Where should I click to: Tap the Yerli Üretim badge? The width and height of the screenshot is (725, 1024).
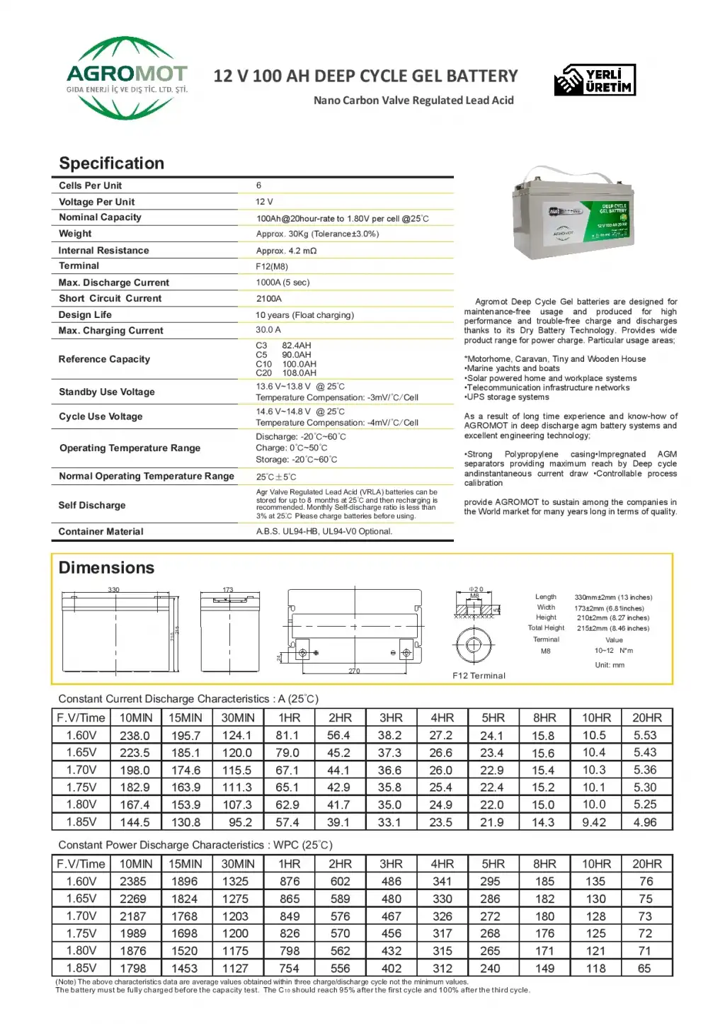click(595, 80)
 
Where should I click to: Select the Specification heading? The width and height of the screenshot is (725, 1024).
click(111, 164)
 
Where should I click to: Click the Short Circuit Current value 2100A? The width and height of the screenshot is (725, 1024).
click(269, 299)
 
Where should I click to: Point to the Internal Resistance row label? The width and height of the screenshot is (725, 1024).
click(103, 251)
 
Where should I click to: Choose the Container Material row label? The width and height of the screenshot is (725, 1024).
click(101, 532)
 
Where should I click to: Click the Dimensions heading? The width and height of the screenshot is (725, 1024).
click(106, 568)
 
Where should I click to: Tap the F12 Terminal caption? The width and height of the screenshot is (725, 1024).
click(479, 676)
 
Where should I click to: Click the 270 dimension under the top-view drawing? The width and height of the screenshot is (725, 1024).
click(354, 671)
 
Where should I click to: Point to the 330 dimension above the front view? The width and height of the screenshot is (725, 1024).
click(113, 589)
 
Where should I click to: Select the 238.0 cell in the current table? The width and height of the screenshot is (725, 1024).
click(135, 736)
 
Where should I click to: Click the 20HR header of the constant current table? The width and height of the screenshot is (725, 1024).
click(646, 718)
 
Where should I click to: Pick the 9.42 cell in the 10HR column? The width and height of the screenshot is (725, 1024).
click(594, 822)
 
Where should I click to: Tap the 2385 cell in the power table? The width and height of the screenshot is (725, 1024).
click(133, 882)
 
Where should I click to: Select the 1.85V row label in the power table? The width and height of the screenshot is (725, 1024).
click(81, 968)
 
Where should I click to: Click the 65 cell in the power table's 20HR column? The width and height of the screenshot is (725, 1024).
click(644, 968)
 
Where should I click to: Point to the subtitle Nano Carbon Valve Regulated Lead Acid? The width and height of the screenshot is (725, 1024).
click(413, 101)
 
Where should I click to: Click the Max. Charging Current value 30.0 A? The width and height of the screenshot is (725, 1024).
click(268, 330)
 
